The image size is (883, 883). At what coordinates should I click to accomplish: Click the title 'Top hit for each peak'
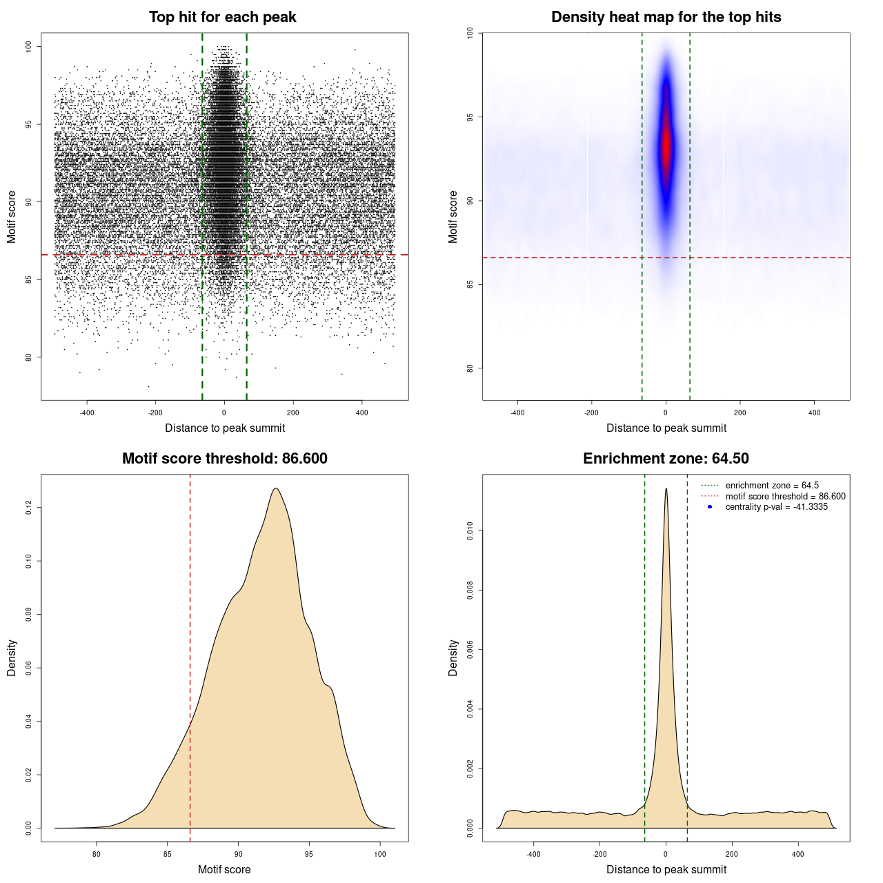[x=222, y=17]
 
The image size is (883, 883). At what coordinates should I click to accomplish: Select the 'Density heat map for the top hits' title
[x=666, y=17]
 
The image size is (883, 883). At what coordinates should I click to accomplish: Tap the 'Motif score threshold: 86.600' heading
[x=224, y=459]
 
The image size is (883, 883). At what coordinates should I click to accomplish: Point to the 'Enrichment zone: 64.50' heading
[x=666, y=459]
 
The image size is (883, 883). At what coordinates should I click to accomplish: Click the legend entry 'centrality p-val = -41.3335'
[x=776, y=507]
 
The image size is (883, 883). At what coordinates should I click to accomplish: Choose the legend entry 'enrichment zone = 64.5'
[x=772, y=486]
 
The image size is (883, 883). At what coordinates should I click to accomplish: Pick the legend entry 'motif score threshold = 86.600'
[x=785, y=497]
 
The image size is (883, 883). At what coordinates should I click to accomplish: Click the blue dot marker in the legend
[x=710, y=507]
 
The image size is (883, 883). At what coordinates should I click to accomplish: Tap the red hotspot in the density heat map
[x=666, y=148]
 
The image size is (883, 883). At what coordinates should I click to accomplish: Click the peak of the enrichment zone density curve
[x=666, y=488]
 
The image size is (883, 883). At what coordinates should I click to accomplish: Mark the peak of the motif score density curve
[x=276, y=488]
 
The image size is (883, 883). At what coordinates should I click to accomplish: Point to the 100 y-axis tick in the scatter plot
[x=28, y=46]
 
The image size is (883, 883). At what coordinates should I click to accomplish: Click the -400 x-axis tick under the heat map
[x=517, y=413]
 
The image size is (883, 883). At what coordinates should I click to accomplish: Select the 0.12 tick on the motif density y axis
[x=28, y=508]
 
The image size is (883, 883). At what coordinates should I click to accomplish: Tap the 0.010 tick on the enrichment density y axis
[x=470, y=530]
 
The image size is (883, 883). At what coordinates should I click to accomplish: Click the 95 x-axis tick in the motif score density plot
[x=309, y=854]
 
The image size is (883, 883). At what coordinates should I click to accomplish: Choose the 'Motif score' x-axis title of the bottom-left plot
[x=224, y=869]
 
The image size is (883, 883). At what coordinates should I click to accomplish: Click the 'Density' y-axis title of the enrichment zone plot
[x=453, y=657]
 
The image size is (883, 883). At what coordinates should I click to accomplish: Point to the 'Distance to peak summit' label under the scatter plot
[x=224, y=428]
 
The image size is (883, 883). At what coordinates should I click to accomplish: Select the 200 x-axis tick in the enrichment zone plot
[x=732, y=854]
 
